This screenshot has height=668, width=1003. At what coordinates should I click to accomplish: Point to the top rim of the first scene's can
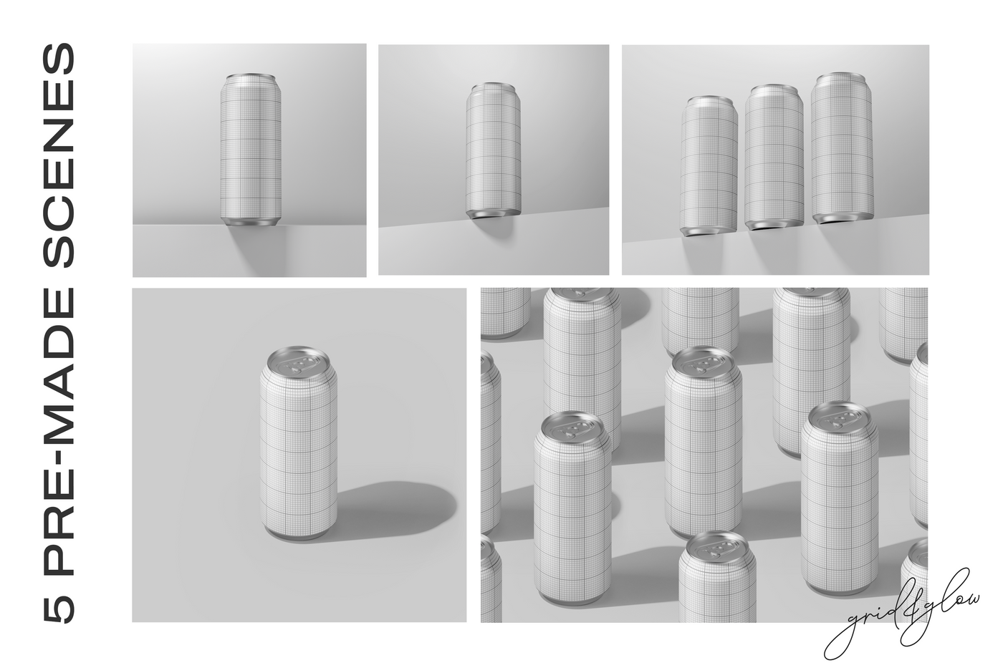coord(250,77)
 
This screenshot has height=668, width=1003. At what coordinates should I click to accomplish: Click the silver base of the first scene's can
coord(250,223)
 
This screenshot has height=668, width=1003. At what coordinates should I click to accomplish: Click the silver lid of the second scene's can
coord(491,87)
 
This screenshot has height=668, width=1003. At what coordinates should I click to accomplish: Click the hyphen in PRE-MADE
coord(59,445)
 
